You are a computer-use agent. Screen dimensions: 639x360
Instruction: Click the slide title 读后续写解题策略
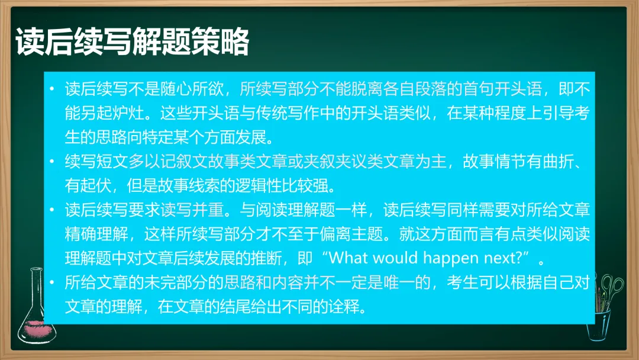(x=132, y=41)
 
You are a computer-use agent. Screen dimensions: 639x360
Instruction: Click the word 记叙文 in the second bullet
(x=184, y=162)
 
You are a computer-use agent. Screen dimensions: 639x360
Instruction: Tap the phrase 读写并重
(x=192, y=210)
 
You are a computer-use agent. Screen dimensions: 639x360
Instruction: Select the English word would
(x=396, y=258)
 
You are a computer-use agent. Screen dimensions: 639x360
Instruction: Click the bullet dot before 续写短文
(x=51, y=162)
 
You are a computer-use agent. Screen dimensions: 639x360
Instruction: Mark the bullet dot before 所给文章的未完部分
(x=51, y=282)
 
